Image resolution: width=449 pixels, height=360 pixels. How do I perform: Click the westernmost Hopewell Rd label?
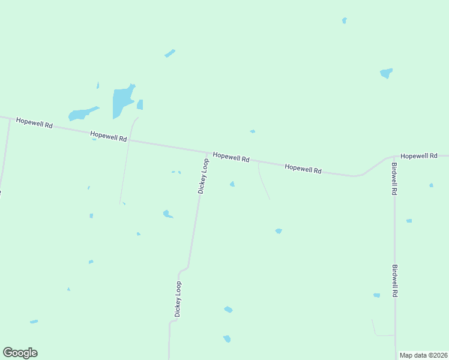(35, 123)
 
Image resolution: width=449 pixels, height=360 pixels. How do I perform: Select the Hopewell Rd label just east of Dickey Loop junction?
(231, 157)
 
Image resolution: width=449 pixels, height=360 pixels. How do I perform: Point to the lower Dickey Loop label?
(178, 299)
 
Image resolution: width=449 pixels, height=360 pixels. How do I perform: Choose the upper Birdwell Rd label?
(394, 179)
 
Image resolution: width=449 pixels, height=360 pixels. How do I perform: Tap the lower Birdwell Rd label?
(395, 281)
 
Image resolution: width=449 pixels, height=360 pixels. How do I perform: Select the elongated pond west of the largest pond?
(82, 113)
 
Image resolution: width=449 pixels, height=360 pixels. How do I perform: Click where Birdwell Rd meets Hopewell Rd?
(395, 157)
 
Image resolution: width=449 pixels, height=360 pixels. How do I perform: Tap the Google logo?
(20, 353)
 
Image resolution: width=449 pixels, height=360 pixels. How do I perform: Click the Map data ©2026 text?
(423, 355)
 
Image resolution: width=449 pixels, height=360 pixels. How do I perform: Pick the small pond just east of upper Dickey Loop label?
(232, 184)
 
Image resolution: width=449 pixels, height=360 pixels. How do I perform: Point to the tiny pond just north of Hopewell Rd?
(253, 131)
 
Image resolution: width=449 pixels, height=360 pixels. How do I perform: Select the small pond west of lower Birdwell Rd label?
(376, 295)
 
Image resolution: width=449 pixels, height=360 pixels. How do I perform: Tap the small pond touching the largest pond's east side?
(140, 105)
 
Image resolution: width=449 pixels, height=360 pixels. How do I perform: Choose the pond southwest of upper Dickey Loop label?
(167, 214)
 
